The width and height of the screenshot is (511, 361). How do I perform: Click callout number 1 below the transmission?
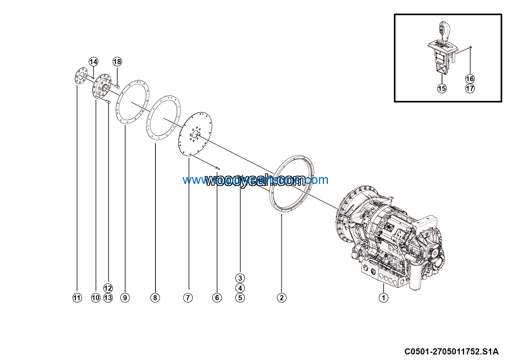(x=383, y=298)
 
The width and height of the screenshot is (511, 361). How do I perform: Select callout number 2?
(x=281, y=298)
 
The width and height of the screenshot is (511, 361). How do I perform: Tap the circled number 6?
(x=217, y=298)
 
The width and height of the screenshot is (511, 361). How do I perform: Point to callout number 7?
(x=188, y=298)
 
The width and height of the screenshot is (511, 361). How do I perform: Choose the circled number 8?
(x=155, y=298)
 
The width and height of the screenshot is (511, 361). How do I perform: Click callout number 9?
(x=125, y=298)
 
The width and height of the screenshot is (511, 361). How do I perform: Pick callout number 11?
(x=77, y=298)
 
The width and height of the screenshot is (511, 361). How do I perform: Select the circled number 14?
(x=93, y=62)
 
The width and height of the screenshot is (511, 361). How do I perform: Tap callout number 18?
(x=117, y=62)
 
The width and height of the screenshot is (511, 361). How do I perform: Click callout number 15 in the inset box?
(x=442, y=88)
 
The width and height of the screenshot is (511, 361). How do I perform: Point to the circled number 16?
(x=470, y=79)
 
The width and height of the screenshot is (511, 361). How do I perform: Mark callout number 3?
(x=240, y=278)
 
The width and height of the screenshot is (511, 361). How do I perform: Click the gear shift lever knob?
(x=443, y=28)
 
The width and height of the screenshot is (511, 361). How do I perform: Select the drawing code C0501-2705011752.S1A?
(x=451, y=352)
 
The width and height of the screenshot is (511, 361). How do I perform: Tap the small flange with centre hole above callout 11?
(x=81, y=77)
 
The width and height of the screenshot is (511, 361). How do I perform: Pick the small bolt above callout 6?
(x=217, y=168)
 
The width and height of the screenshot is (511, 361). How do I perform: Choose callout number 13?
(x=108, y=298)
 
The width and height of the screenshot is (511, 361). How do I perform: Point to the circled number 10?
(x=96, y=298)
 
